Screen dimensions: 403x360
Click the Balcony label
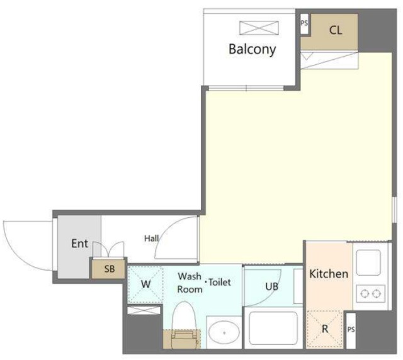coord(252,49)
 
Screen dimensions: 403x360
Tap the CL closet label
coord(336,30)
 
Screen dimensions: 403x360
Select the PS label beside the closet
coord(304,23)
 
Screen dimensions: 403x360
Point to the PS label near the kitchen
coord(351,329)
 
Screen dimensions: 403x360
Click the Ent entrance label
coord(79,244)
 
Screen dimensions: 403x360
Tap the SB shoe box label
coord(109,269)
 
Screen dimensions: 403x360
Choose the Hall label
coord(151,238)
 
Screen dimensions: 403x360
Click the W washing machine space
coord(145,284)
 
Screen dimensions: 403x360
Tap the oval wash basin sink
coord(224,333)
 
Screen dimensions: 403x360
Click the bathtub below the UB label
coord(273,328)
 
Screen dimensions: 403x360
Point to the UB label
coord(271,286)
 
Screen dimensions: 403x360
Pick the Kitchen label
coord(329,274)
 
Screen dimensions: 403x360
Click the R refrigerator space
coord(325,329)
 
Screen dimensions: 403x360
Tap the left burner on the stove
coord(364,293)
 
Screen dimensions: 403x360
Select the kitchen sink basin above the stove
coord(368,263)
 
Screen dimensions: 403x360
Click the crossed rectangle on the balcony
coord(259,28)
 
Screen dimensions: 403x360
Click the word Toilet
coord(220,282)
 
